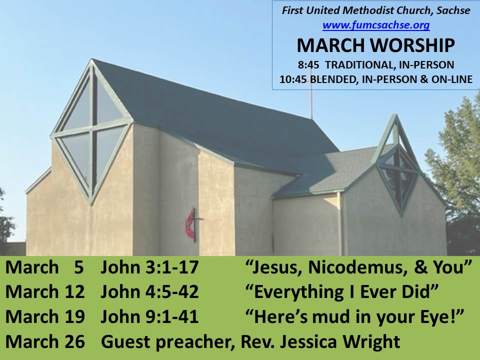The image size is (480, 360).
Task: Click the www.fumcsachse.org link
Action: (x=376, y=25)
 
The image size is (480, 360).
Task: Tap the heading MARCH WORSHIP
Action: (x=375, y=45)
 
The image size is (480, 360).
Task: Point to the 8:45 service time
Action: (x=308, y=65)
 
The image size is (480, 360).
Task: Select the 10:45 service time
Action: (x=293, y=79)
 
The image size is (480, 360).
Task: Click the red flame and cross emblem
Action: (x=191, y=224)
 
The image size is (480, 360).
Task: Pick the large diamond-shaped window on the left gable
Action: (x=91, y=131)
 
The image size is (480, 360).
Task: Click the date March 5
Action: (x=44, y=267)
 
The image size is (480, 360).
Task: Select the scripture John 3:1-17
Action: (x=149, y=267)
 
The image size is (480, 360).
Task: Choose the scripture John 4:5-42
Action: (x=149, y=291)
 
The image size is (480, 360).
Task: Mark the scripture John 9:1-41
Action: (x=149, y=316)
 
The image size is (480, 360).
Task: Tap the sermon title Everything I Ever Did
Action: (x=342, y=291)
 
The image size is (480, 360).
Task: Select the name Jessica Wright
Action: (x=340, y=341)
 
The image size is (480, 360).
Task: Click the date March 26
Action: (x=45, y=341)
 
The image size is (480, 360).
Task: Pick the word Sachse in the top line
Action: (x=453, y=10)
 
